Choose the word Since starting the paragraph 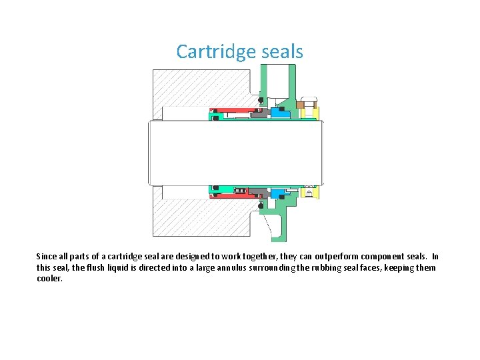47,257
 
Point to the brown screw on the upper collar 301,104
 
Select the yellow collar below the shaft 309,193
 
